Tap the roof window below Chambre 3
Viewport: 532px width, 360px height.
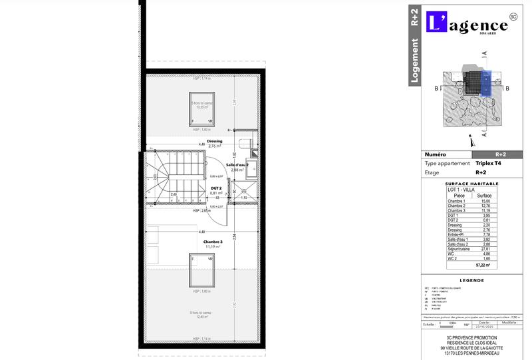(202, 270)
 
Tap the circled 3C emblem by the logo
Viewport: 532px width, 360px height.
(512, 16)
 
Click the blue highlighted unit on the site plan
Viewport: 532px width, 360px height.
(485, 84)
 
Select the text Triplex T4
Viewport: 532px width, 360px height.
(489, 163)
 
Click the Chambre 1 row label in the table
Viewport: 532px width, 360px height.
(456, 201)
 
